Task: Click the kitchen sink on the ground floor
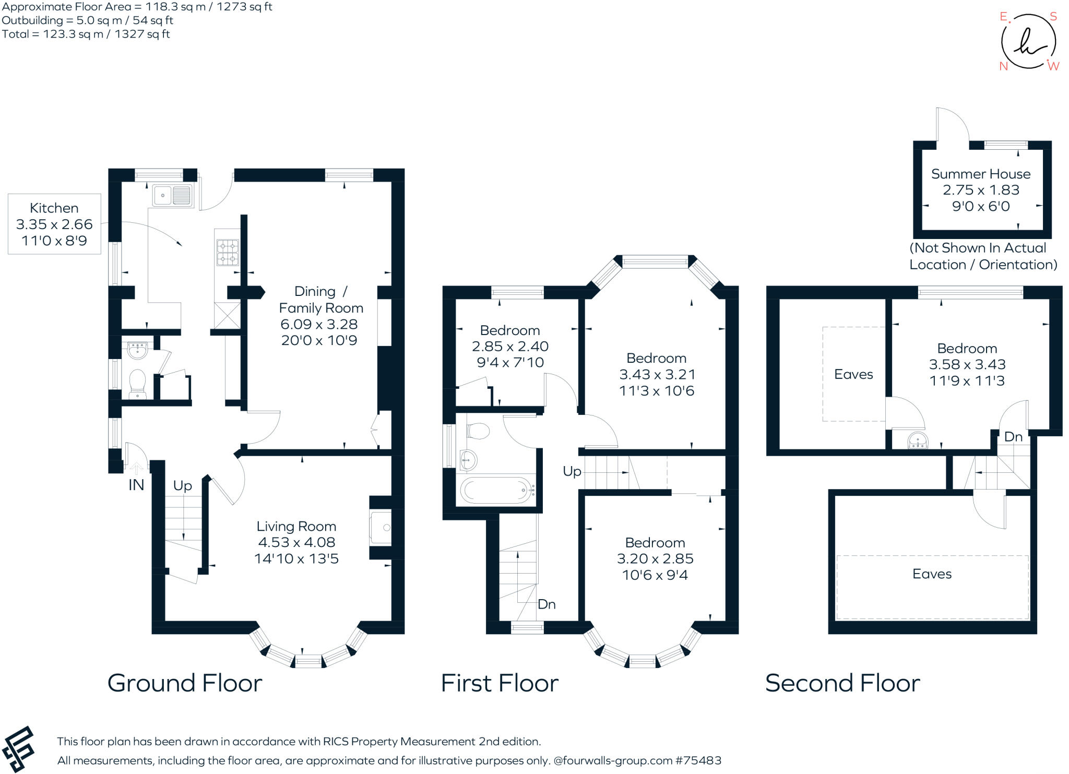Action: tap(173, 196)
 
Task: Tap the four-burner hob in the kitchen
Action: tap(228, 252)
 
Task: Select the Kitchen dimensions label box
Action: tap(54, 224)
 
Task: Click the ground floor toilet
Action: tap(137, 384)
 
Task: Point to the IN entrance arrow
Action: tap(136, 468)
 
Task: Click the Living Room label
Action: tap(296, 526)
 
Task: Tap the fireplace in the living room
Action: tap(381, 528)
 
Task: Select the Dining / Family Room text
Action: tap(321, 300)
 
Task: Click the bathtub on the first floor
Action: tap(497, 490)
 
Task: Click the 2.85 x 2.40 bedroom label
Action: tap(510, 347)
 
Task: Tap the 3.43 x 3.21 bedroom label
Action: tap(657, 374)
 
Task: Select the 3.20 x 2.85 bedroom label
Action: tap(655, 558)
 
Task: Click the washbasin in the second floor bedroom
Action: tap(917, 441)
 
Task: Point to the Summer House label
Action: tap(981, 174)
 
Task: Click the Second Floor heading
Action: tap(842, 683)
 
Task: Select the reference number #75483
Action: tap(698, 760)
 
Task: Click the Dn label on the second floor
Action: tap(1013, 437)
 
